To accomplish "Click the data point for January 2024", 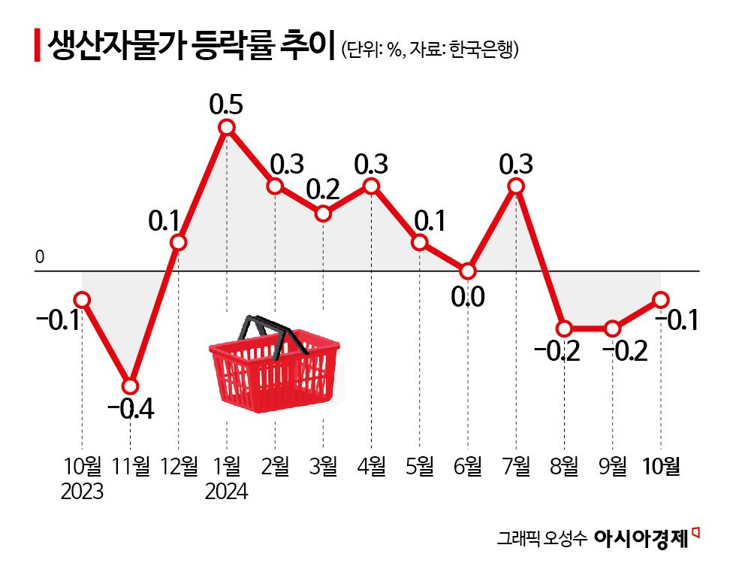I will (227, 127).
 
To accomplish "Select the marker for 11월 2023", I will (131, 386).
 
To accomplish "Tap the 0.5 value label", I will (227, 104).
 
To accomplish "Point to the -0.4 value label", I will (131, 410).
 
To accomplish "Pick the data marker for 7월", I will (516, 186).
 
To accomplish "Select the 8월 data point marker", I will (565, 328).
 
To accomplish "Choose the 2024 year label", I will (228, 492).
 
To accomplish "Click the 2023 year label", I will (83, 492).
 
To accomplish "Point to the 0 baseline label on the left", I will (40, 258).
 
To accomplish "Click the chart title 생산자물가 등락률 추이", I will (189, 49).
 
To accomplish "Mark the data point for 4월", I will (372, 186).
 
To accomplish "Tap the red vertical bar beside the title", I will (37, 47).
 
